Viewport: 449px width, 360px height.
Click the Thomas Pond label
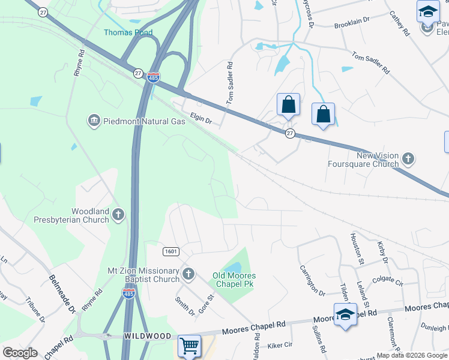(x=128, y=32)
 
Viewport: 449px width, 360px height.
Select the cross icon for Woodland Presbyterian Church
(x=119, y=215)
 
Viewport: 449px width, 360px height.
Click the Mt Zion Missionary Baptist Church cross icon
(x=188, y=275)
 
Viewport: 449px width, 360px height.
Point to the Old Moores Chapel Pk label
(x=234, y=280)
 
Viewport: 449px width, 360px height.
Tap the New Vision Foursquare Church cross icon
(x=408, y=159)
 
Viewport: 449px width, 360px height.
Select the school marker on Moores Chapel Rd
(x=345, y=314)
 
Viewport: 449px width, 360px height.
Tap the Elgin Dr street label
(x=201, y=120)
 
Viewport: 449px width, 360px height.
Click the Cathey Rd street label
(x=399, y=23)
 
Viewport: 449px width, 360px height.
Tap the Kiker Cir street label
(x=279, y=345)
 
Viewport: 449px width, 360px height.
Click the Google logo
(x=20, y=353)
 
